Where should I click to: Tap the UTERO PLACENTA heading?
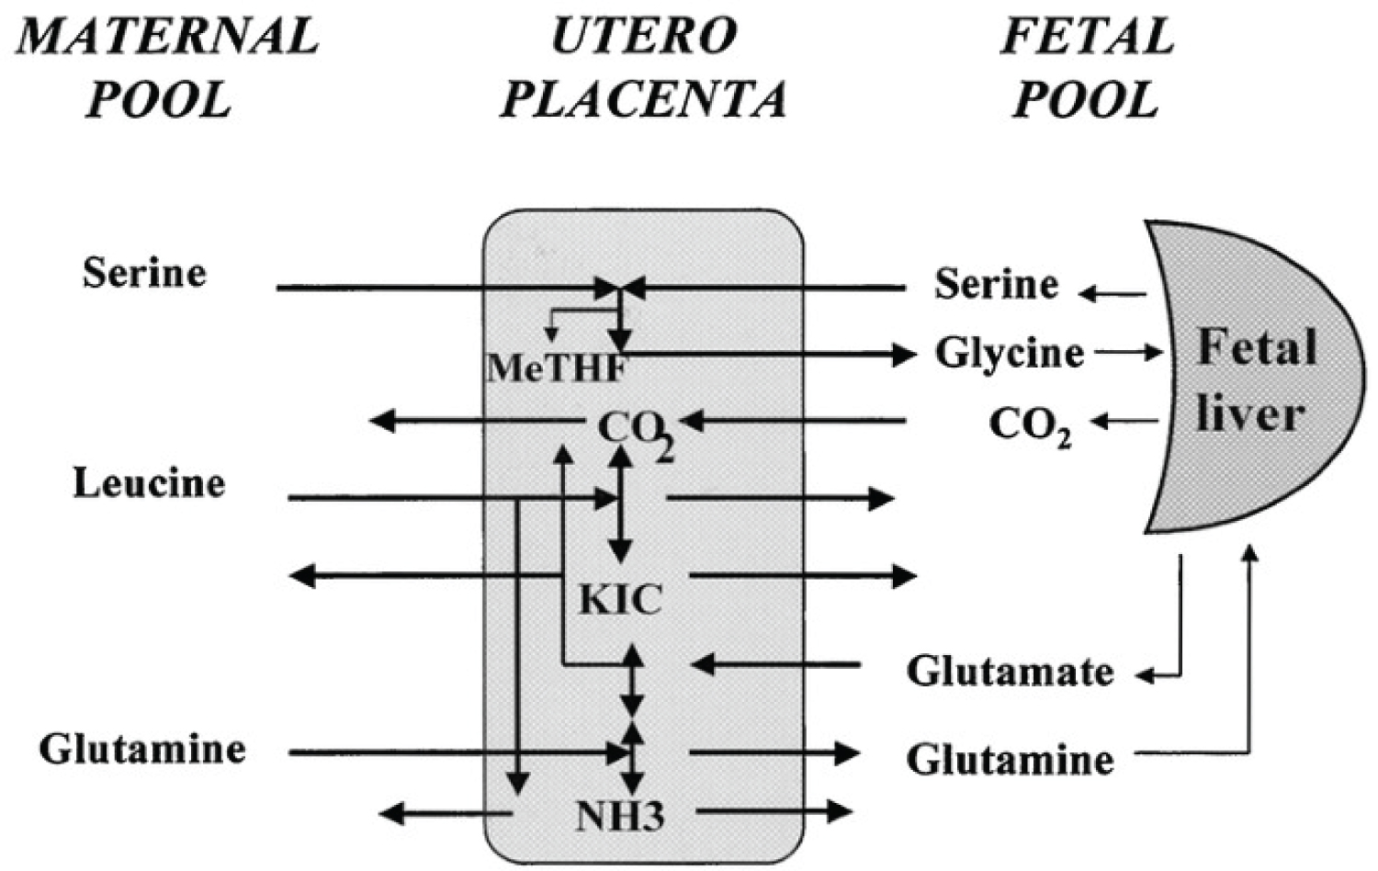click(643, 67)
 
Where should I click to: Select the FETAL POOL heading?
click(1087, 67)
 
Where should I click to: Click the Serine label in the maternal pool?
click(144, 273)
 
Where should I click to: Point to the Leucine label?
click(149, 483)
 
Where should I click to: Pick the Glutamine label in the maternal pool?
click(142, 749)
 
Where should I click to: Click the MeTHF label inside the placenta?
click(557, 369)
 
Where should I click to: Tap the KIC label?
click(620, 600)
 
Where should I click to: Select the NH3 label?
click(619, 816)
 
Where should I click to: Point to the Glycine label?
click(1009, 353)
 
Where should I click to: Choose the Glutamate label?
click(1010, 672)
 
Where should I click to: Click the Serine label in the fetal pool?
click(996, 285)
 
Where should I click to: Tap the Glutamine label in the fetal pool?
click(1010, 760)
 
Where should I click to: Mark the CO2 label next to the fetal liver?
click(1029, 425)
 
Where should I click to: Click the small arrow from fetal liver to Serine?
click(1113, 294)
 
